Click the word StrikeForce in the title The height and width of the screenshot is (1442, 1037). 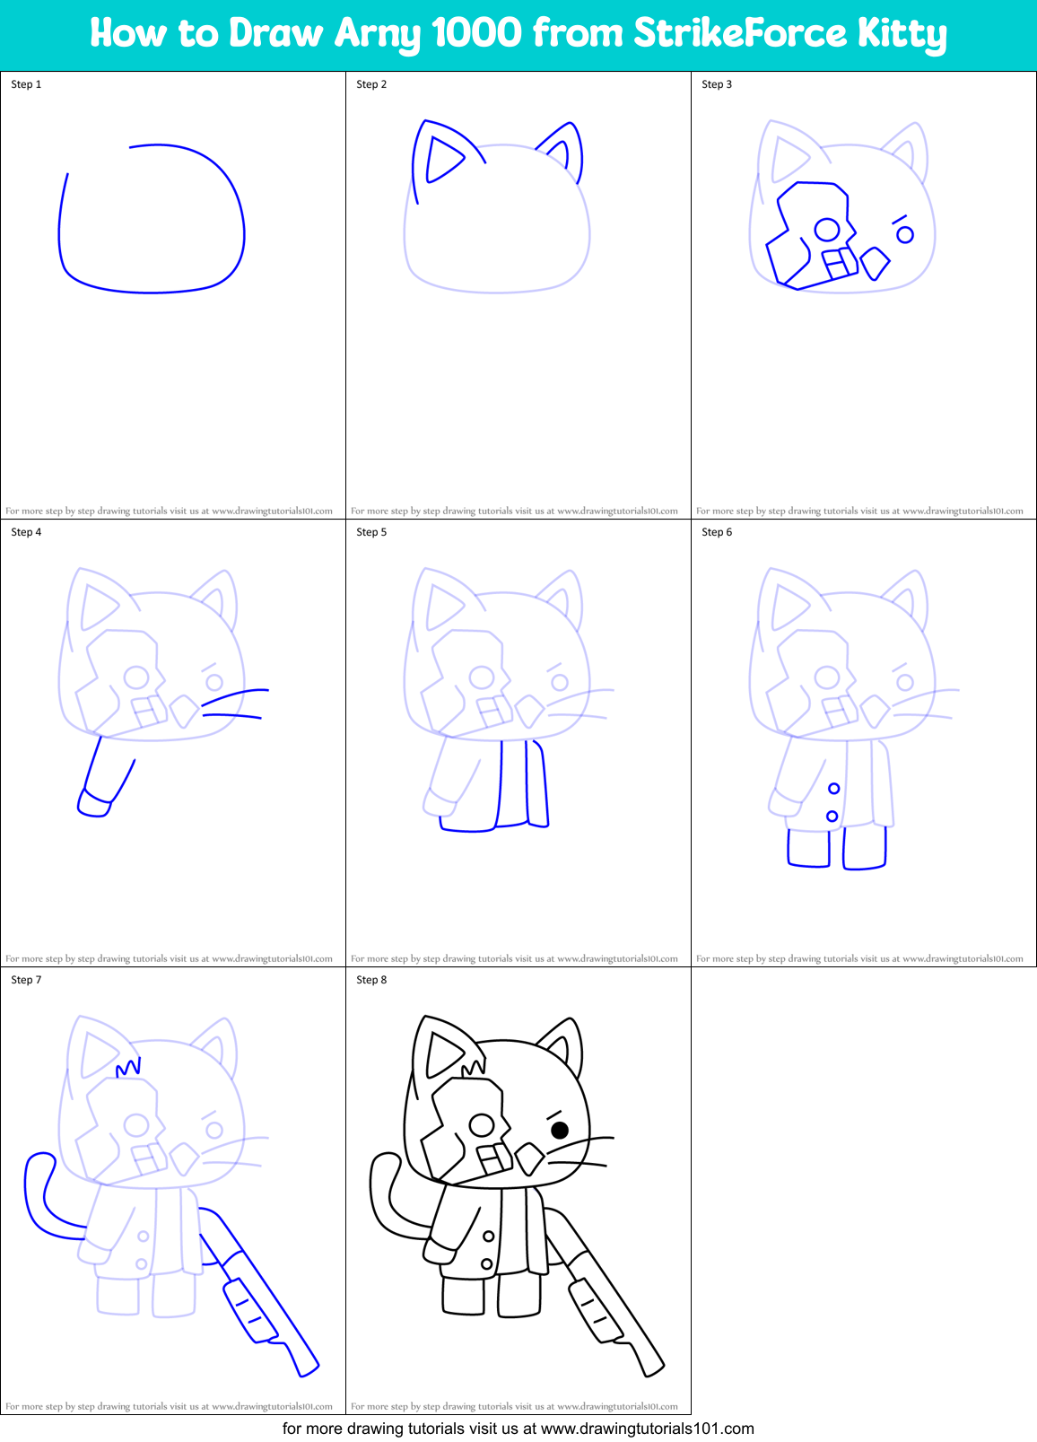[x=739, y=33]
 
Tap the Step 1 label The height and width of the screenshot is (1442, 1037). [x=26, y=84]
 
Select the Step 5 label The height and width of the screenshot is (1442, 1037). [x=371, y=532]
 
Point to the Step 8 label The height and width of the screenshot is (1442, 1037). [x=371, y=980]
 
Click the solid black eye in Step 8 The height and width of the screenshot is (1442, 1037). [x=560, y=1130]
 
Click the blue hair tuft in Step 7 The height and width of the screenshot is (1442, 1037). [x=128, y=1068]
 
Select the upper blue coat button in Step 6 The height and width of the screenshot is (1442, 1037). [x=833, y=789]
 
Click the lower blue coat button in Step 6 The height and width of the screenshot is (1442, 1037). [x=832, y=816]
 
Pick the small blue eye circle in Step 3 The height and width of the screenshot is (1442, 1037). [x=905, y=235]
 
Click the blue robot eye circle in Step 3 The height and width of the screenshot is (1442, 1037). [x=826, y=231]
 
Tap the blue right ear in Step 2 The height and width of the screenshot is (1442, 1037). [x=569, y=148]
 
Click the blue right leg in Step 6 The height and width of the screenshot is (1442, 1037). [x=865, y=848]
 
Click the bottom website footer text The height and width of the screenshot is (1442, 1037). [x=518, y=1429]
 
